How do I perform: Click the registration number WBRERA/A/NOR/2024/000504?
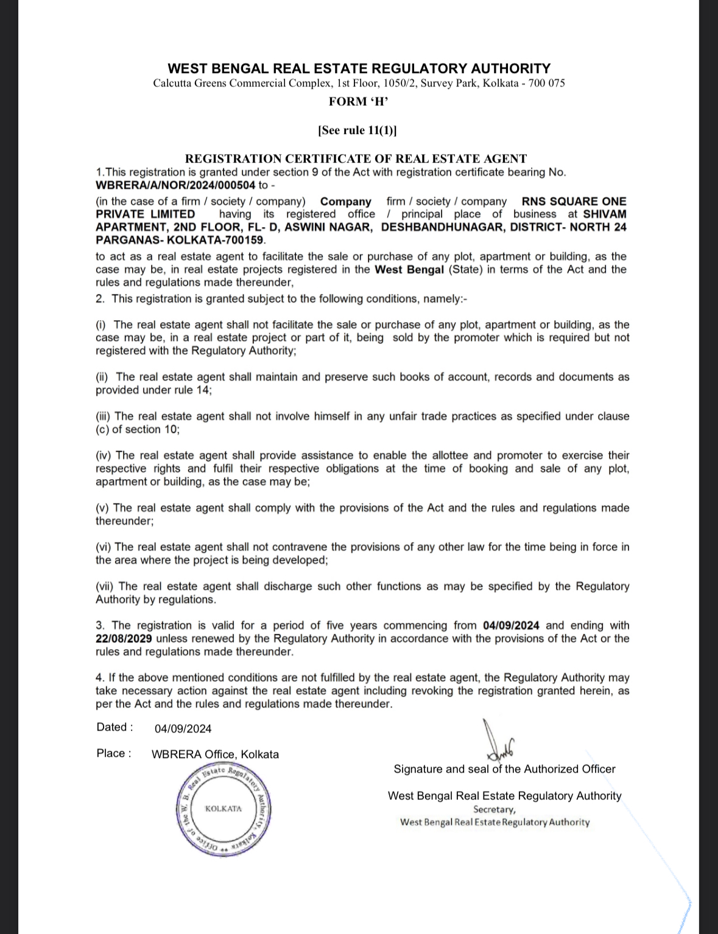point(175,185)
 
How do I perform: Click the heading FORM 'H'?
point(358,102)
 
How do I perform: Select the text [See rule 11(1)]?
point(357,130)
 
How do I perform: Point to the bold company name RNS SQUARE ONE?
point(574,202)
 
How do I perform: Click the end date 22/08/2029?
point(124,639)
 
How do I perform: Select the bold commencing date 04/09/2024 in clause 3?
point(511,625)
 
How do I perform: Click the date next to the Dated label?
point(183,729)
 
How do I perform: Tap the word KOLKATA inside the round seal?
point(223,809)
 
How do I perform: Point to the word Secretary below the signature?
point(494,809)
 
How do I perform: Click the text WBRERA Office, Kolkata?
point(215,754)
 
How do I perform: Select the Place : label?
point(114,754)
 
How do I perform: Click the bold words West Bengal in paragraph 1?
point(409,270)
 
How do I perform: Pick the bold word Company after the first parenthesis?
point(346,202)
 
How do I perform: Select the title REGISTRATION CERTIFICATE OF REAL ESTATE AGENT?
point(356,159)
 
